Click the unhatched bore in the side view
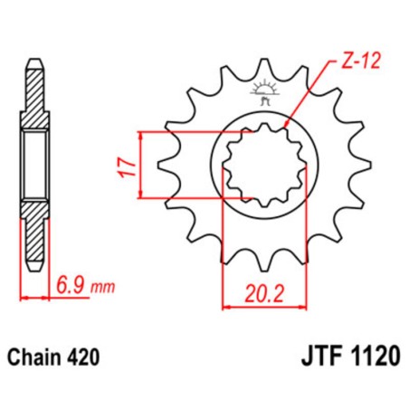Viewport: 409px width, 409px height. coord(33,165)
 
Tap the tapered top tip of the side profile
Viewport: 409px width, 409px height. coord(33,63)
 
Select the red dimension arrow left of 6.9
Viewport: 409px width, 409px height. coord(33,295)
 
